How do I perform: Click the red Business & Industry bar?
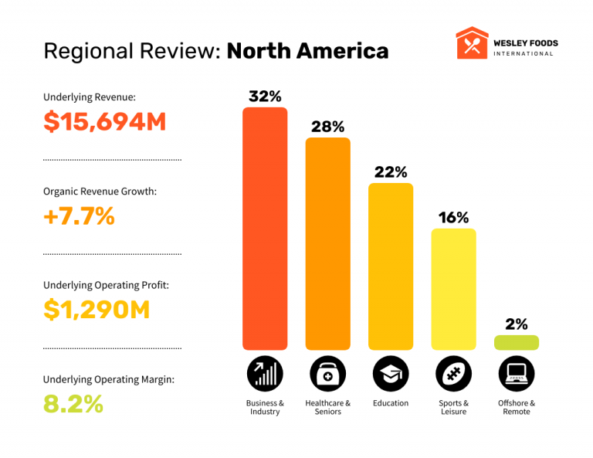[x=265, y=228]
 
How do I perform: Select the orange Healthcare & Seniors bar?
[x=328, y=243]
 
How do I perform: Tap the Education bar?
[x=391, y=266]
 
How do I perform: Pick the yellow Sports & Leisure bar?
[x=453, y=289]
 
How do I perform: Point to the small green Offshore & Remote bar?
[x=517, y=342]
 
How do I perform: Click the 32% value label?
[x=265, y=97]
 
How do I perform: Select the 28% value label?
[x=328, y=127]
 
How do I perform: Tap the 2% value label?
[x=517, y=324]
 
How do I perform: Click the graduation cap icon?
[x=391, y=375]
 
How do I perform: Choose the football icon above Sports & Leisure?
[x=453, y=375]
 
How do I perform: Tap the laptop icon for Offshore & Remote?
[x=517, y=375]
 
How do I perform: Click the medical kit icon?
[x=328, y=375]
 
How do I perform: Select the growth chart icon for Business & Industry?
[x=265, y=375]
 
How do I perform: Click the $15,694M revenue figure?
[x=105, y=122]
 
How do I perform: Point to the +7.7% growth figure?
[x=80, y=216]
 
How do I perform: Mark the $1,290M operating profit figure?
[x=97, y=310]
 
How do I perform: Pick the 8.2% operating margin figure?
[x=73, y=403]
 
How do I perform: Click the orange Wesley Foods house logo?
[x=471, y=43]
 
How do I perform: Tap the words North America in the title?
[x=307, y=51]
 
